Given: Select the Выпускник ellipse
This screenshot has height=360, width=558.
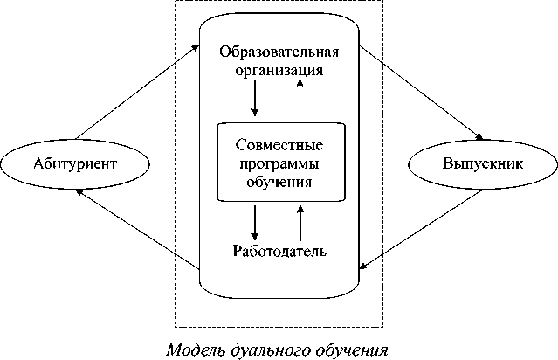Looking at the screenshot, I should pyautogui.click(x=483, y=163).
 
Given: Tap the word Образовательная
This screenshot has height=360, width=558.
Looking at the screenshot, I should pyautogui.click(x=279, y=51).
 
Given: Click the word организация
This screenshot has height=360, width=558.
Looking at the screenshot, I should pyautogui.click(x=279, y=69).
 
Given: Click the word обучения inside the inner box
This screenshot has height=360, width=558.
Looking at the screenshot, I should pyautogui.click(x=280, y=182).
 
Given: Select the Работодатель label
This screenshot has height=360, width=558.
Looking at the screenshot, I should pyautogui.click(x=279, y=252).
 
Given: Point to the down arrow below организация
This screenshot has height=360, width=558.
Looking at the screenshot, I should pyautogui.click(x=255, y=100).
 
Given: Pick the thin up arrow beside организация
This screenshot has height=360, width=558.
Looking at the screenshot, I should pyautogui.click(x=300, y=97).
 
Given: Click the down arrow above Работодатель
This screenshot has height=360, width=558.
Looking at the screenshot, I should pyautogui.click(x=255, y=222).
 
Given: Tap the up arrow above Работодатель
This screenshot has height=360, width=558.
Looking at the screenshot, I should pyautogui.click(x=300, y=222).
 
